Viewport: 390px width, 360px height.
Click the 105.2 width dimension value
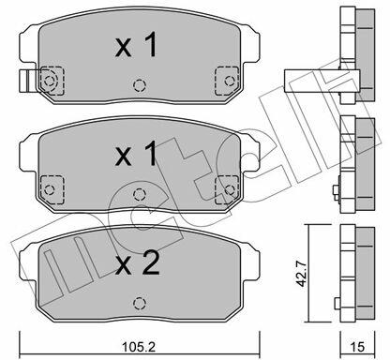click(139, 347)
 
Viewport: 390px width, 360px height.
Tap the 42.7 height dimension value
click(302, 275)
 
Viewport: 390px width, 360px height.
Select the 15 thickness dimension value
click(357, 347)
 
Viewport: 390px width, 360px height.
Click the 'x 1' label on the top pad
click(136, 45)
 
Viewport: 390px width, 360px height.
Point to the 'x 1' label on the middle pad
click(136, 154)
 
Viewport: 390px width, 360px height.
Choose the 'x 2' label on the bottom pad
click(137, 263)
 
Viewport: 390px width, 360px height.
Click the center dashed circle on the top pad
click(140, 85)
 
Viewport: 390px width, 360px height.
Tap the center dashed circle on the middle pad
click(140, 194)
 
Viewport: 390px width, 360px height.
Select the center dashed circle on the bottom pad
click(140, 303)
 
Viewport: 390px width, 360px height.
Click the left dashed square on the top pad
click(52, 81)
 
